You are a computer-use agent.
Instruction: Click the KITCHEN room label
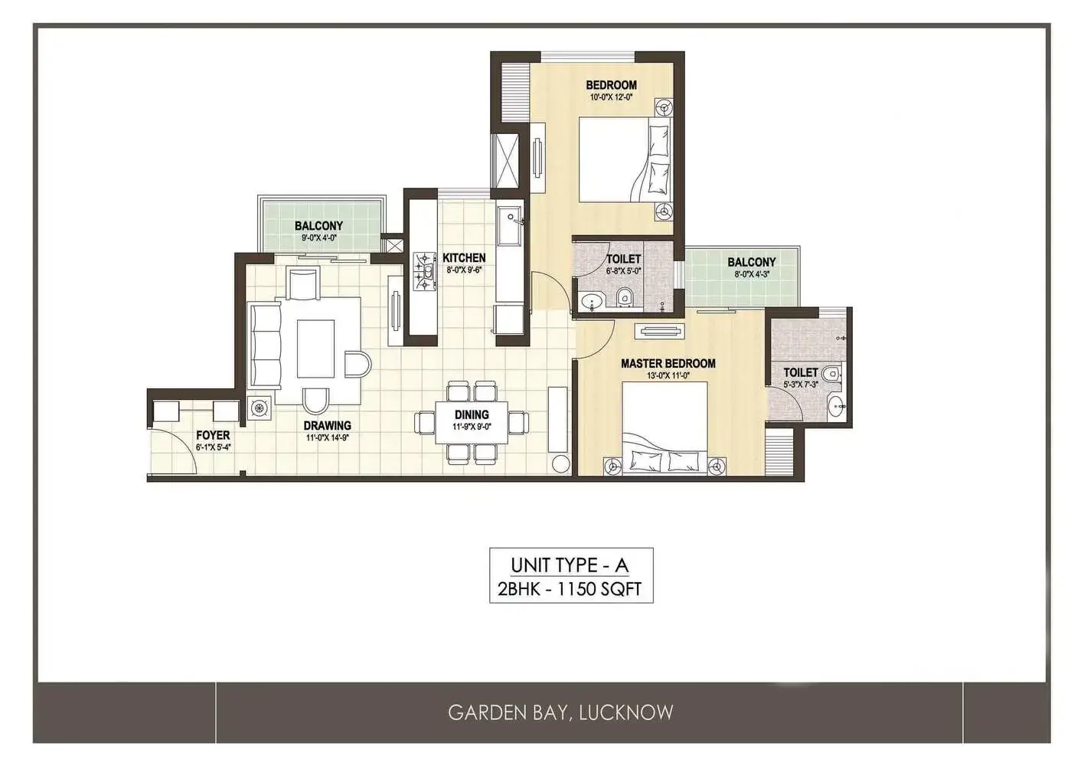pos(464,258)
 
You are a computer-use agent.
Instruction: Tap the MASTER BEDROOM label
pos(668,363)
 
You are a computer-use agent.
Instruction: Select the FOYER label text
pos(213,435)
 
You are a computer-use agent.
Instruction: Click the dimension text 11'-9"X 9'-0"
pos(472,427)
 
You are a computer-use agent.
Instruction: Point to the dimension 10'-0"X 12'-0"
pos(611,97)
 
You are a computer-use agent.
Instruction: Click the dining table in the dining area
pos(472,422)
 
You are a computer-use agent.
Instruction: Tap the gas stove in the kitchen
pos(424,271)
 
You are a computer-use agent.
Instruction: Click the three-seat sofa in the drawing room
pos(265,344)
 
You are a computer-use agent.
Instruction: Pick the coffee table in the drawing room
pos(315,348)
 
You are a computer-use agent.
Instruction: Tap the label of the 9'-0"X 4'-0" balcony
pos(318,226)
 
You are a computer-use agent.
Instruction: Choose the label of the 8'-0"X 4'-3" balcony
pos(752,262)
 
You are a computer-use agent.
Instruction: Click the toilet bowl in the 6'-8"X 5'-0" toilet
pos(624,296)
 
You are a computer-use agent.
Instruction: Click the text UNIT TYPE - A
pos(570,565)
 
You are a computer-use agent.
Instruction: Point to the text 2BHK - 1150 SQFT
pos(570,589)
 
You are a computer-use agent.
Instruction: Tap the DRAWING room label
pos(327,426)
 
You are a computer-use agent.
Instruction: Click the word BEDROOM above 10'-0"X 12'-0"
pos(611,85)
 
